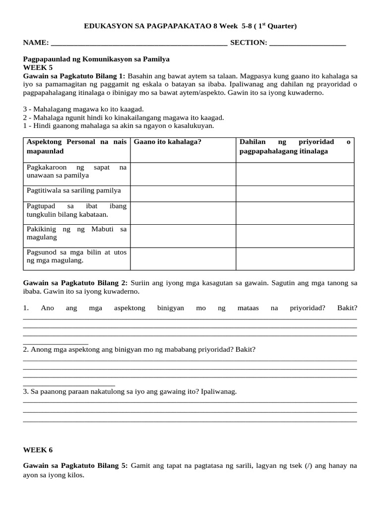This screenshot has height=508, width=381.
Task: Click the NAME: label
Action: (x=36, y=43)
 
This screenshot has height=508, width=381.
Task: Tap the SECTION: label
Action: (x=249, y=43)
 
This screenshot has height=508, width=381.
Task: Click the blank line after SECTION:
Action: (x=307, y=44)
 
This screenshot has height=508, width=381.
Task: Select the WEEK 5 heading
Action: (x=38, y=67)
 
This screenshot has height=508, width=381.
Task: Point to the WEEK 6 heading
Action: (x=38, y=450)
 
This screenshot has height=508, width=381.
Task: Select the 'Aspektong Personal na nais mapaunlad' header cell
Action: (x=76, y=146)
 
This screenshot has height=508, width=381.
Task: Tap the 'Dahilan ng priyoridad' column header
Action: (x=295, y=146)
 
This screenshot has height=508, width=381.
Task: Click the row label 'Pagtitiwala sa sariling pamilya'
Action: (x=73, y=190)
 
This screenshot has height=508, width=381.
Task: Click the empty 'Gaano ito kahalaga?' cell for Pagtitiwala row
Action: (x=183, y=193)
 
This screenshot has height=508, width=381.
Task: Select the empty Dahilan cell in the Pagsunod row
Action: (x=295, y=258)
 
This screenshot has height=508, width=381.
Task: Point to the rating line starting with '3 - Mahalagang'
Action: (x=83, y=109)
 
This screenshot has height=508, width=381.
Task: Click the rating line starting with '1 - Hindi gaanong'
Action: (x=118, y=126)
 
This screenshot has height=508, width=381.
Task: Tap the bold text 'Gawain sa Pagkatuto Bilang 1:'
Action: (x=74, y=76)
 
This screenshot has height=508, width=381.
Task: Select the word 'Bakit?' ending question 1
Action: (x=347, y=308)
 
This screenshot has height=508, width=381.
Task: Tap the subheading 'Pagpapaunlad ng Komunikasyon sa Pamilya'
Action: (x=96, y=59)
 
